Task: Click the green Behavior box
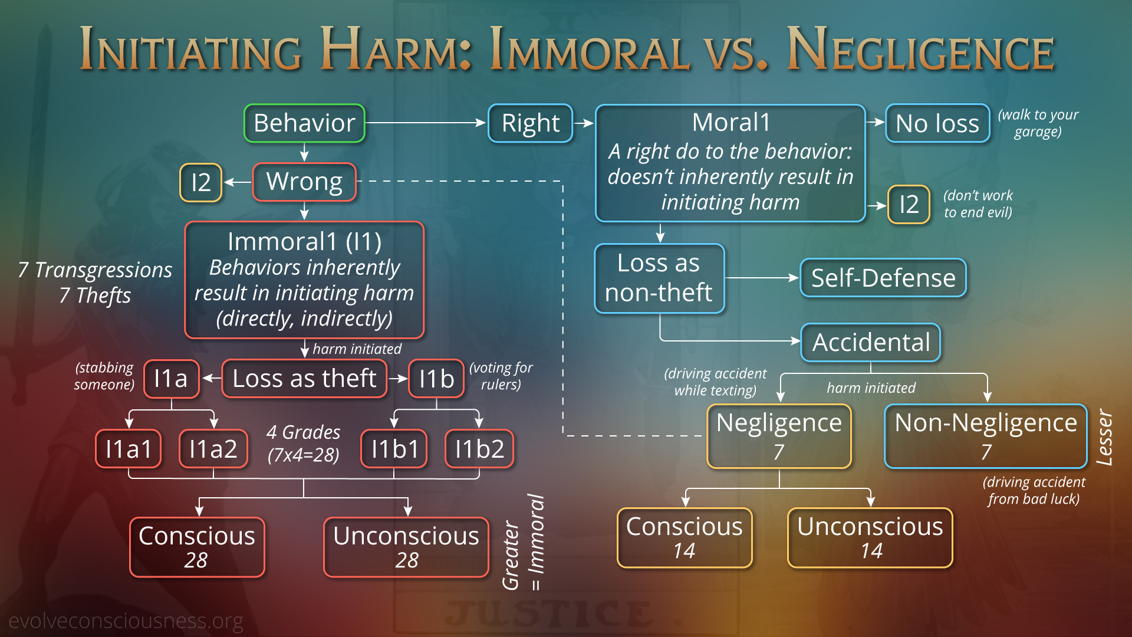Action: click(304, 123)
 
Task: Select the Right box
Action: click(531, 123)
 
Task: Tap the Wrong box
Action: click(304, 182)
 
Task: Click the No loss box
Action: click(937, 123)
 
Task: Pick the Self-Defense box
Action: click(883, 278)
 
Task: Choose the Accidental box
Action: click(871, 343)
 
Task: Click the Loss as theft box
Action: click(304, 379)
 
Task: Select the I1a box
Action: click(171, 379)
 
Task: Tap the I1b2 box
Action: click(479, 449)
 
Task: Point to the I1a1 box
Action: click(129, 449)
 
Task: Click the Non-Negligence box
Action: click(986, 436)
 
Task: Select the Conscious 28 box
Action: click(197, 547)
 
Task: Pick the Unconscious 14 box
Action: click(870, 538)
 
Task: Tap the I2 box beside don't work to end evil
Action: click(909, 205)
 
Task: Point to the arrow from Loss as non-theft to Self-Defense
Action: click(762, 278)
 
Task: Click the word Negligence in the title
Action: click(920, 50)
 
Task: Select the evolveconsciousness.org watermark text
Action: click(126, 621)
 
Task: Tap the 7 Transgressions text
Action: click(95, 270)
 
